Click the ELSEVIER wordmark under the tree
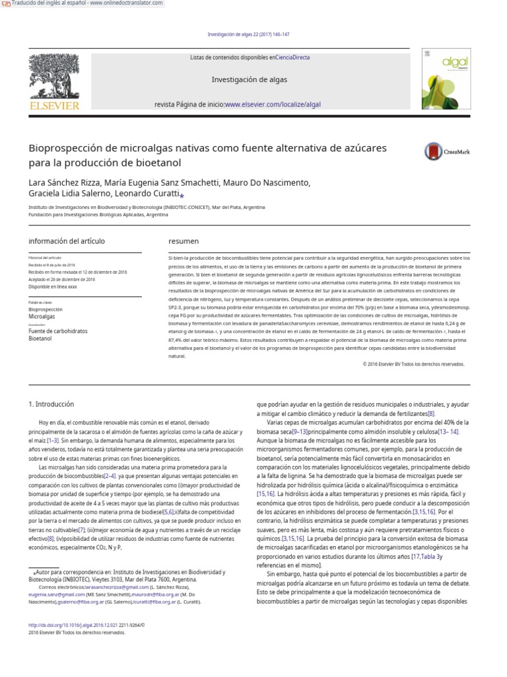pos(54,105)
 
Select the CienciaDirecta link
pos(292,58)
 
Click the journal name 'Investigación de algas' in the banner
pos(249,79)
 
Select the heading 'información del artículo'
pos(67,241)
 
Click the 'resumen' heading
pos(184,241)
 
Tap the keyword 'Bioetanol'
pos(40,338)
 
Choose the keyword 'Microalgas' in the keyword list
pos(42,317)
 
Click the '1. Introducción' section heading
pos(51,404)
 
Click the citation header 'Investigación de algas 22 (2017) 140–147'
pos(248,34)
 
